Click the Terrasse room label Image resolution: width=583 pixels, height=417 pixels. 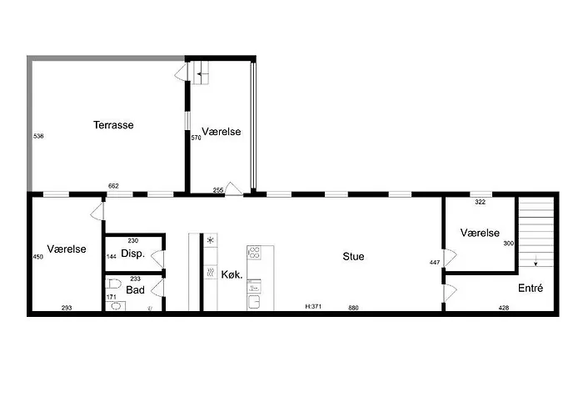point(113,125)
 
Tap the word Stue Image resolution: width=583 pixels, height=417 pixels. point(353,257)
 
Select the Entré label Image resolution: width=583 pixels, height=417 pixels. point(531,289)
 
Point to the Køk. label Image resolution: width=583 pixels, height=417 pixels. point(232,275)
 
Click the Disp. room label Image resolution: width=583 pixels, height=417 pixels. point(133,254)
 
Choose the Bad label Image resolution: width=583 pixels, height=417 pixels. point(135,290)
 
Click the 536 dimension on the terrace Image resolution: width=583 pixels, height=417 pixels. point(38,136)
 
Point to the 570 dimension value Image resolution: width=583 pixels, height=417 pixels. point(197,138)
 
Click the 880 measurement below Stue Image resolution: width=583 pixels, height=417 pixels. point(353,308)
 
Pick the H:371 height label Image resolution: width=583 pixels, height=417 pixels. point(313,308)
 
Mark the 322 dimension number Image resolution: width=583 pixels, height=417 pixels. point(480,203)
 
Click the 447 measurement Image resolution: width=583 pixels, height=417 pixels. point(434,262)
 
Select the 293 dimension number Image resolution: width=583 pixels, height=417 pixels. point(66,308)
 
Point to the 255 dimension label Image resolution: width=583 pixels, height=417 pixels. point(218,190)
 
